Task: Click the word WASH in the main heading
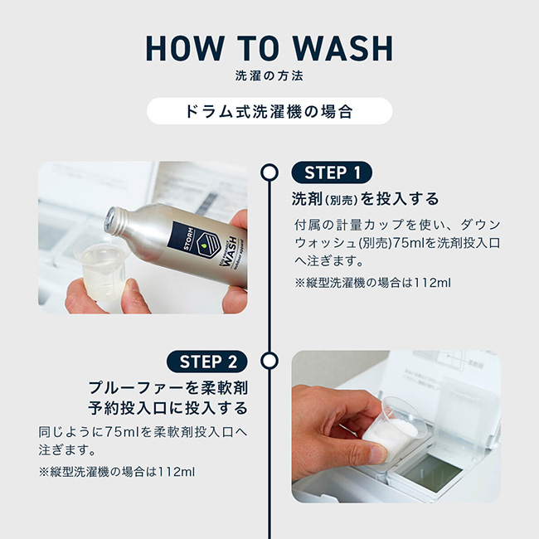pos(343,48)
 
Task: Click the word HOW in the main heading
pos(185,48)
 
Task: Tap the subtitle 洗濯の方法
pos(269,76)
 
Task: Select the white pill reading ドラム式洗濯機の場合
pos(269,111)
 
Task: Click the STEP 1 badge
pos(332,172)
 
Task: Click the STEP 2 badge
pos(207,362)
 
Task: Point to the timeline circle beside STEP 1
pos(269,172)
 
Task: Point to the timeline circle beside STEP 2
pos(269,362)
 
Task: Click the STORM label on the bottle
pos(188,238)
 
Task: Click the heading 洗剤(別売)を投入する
pos(365,199)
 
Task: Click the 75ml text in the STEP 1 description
pos(409,243)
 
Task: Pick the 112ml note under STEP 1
pos(432,283)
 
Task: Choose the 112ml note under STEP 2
pos(176,472)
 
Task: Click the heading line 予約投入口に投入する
pos(168,408)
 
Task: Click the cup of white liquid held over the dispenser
pos(396,429)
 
